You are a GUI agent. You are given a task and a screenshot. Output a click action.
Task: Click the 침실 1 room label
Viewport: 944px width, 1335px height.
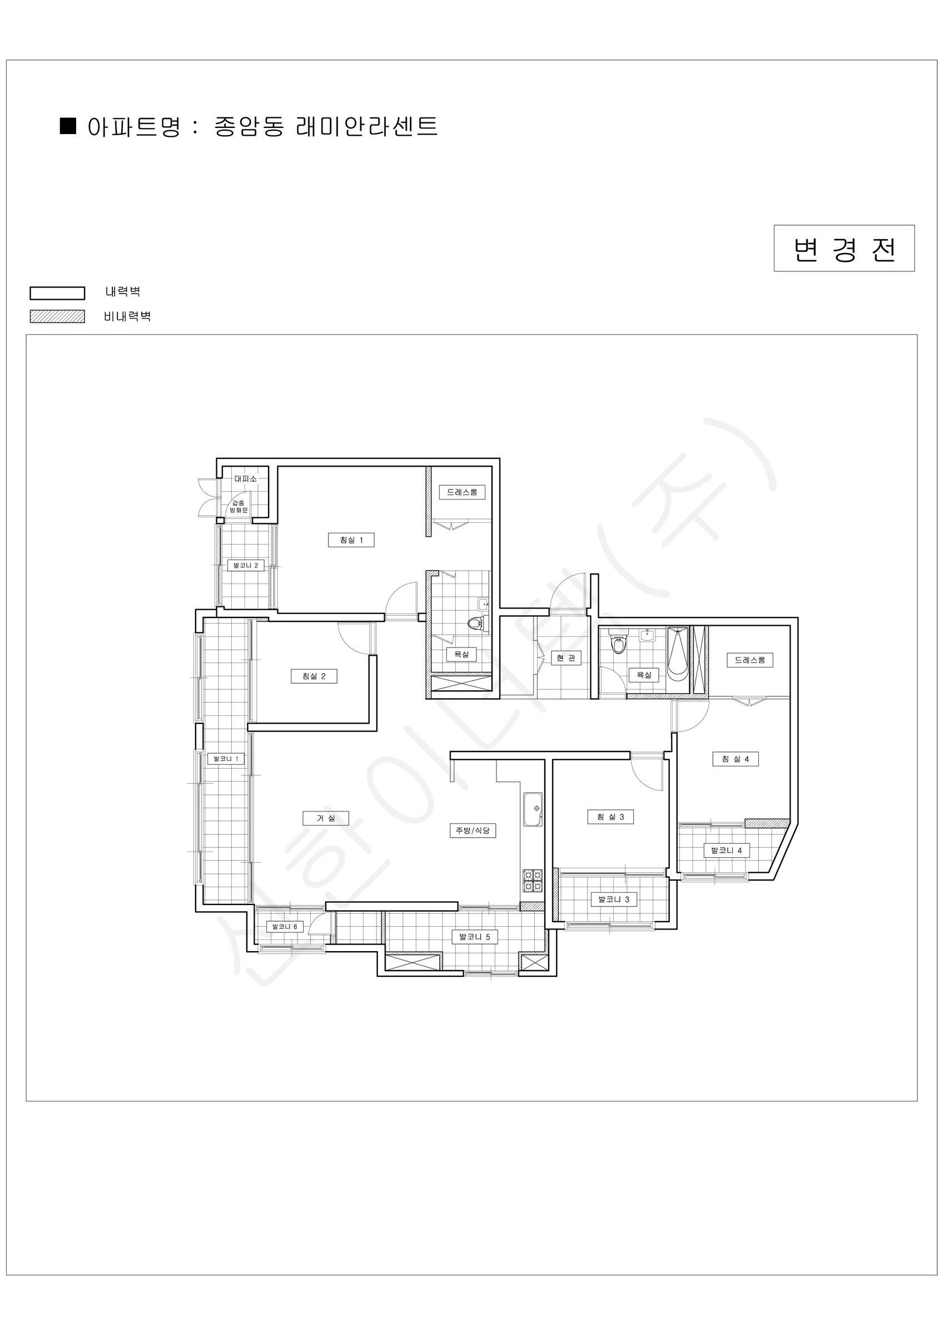[351, 540]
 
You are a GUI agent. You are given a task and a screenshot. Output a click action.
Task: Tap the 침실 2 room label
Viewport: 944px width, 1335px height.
[314, 676]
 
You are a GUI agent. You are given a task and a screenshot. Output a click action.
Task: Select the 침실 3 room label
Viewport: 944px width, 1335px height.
[610, 817]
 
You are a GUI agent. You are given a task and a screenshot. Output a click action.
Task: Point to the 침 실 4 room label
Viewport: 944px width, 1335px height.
[736, 759]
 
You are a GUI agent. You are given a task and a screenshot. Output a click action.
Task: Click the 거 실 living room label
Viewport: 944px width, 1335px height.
[326, 818]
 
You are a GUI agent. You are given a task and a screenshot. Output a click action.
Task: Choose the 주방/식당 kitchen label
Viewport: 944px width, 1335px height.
[473, 830]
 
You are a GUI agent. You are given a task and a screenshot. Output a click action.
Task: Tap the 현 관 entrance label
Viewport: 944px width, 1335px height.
[565, 657]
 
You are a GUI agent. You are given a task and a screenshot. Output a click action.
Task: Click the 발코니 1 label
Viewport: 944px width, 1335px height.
[226, 759]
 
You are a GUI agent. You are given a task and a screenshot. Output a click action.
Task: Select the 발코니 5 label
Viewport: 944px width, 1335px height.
[475, 937]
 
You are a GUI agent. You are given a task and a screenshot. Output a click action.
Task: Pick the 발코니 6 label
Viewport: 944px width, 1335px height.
[285, 927]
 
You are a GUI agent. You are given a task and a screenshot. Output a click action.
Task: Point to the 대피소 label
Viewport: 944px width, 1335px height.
[245, 478]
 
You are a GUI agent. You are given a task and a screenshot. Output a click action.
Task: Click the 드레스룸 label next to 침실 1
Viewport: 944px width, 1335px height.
[462, 492]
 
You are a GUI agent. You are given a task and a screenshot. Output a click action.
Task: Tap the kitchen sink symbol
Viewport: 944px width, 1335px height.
[533, 809]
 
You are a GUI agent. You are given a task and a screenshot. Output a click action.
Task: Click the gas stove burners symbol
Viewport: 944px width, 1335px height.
[533, 881]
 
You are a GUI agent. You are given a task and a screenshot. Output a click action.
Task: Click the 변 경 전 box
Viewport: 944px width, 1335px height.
[844, 248]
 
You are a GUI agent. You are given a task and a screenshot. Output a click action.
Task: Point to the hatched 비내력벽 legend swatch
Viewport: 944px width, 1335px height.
[58, 317]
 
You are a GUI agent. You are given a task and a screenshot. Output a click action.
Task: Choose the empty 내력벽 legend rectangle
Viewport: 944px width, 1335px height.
[58, 293]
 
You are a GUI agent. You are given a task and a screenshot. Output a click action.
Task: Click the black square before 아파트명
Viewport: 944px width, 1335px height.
[68, 126]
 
